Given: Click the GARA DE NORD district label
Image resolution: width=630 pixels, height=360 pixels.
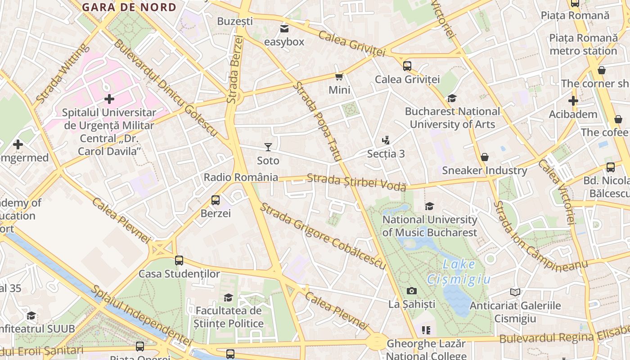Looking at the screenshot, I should tap(129, 7).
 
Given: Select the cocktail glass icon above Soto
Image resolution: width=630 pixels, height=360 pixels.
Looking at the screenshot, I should tap(268, 147).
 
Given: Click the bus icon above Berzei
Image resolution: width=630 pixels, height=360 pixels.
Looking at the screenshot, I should tap(216, 200).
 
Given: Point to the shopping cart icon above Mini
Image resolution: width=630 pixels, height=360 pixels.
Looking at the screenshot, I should tap(339, 77).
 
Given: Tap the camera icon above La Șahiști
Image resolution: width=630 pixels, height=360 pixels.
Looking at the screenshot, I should tap(411, 291).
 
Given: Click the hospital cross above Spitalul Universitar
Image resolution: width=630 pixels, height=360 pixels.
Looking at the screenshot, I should tap(109, 99).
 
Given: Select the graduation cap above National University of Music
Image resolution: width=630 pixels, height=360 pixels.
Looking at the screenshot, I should tap(429, 206).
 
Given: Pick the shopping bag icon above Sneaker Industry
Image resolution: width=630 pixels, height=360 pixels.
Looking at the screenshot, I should tap(485, 157).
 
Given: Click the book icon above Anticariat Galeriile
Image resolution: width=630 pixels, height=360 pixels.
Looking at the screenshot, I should tap(515, 292).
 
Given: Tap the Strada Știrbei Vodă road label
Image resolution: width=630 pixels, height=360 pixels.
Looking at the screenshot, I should tap(356, 182).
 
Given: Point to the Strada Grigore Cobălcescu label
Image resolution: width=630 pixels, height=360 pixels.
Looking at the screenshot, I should tap(323, 236).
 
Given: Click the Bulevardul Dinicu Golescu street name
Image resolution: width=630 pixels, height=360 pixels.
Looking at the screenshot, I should tap(166, 89).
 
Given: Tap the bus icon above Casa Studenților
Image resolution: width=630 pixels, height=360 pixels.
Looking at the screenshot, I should tap(179, 260).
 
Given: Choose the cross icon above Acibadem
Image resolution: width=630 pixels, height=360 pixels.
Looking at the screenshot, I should tap(573, 101).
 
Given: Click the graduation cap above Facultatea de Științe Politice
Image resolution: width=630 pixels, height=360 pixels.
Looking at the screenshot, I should tap(229, 297).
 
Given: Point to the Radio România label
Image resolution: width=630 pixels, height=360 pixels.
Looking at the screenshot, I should tap(241, 177).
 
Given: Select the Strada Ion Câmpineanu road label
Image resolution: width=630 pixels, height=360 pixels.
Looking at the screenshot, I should tap(539, 236).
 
